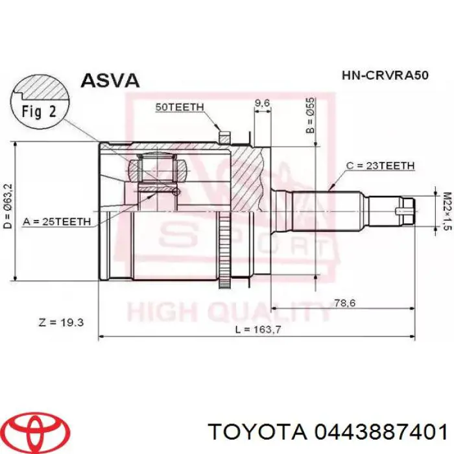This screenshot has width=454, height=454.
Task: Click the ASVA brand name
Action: pos(110,80)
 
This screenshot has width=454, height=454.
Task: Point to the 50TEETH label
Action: pos(180,107)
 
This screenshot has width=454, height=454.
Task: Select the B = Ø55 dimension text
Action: pos(310,115)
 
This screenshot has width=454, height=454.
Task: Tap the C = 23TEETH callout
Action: pos(380,166)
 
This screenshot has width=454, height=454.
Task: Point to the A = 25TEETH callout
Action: pos(57,221)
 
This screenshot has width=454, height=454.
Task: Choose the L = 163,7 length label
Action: pos(251,330)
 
